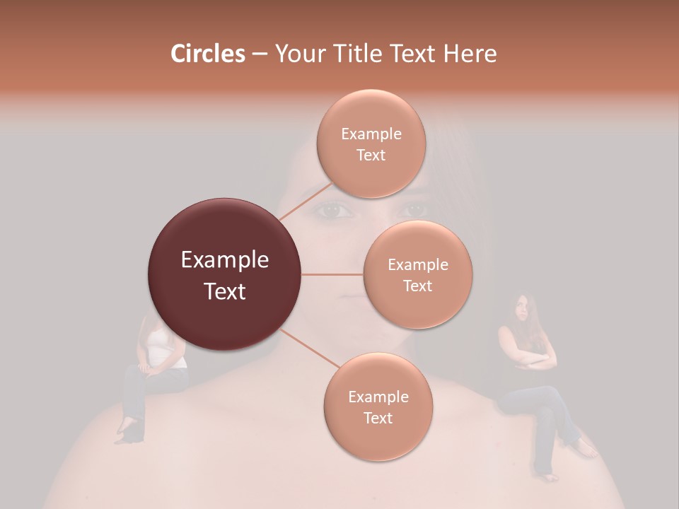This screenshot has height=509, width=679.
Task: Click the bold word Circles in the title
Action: (x=207, y=54)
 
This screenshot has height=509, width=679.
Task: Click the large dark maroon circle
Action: (x=224, y=274)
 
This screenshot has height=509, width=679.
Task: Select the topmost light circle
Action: (x=371, y=144)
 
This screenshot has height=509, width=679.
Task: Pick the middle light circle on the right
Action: (x=417, y=274)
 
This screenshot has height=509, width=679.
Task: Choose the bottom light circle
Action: (x=378, y=406)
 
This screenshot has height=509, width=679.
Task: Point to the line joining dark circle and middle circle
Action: (x=332, y=274)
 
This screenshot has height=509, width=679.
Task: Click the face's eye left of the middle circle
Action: (x=334, y=210)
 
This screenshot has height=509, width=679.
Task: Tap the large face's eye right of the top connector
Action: (x=413, y=209)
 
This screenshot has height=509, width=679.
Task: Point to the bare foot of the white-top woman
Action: (x=126, y=428)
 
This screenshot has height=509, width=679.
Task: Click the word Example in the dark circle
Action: (x=224, y=260)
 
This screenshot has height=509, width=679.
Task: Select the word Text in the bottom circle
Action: (x=378, y=418)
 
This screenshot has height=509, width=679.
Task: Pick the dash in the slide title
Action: (x=259, y=54)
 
